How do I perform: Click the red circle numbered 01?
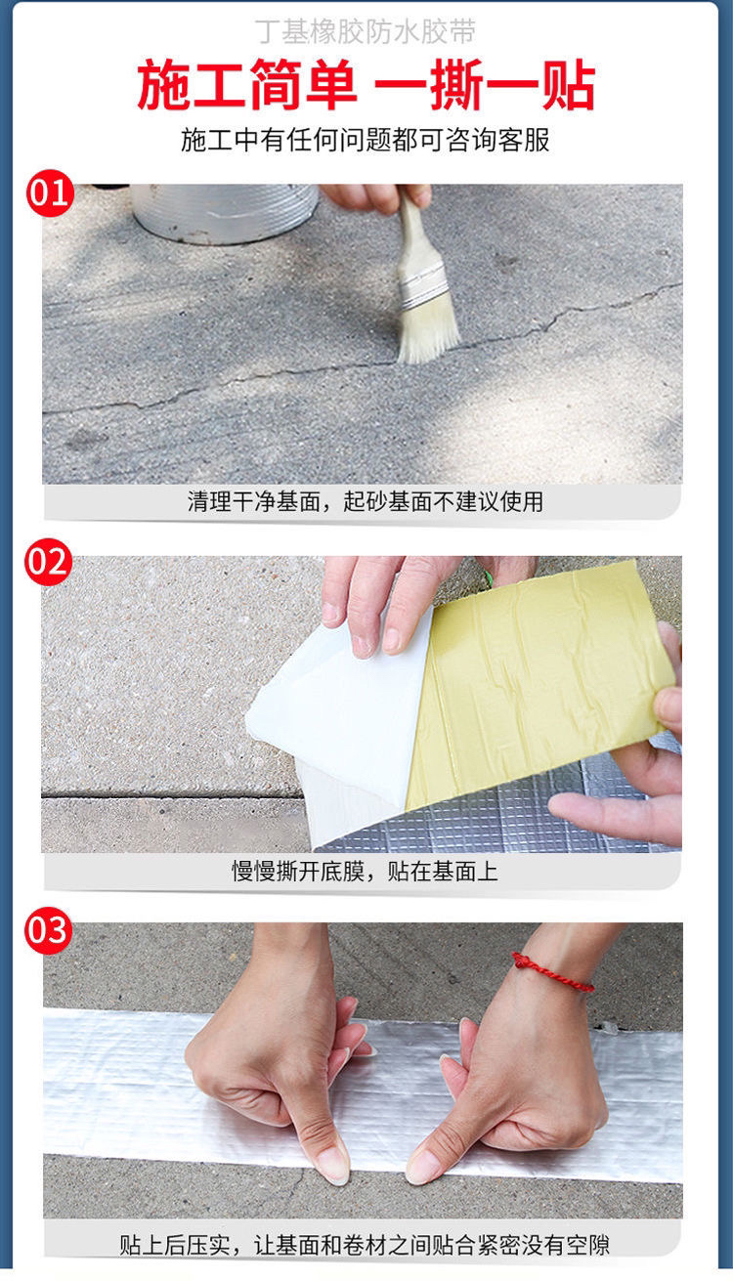(x=50, y=192)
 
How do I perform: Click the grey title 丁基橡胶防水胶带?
(x=366, y=31)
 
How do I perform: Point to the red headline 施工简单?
(x=247, y=85)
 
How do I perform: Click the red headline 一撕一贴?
(x=485, y=85)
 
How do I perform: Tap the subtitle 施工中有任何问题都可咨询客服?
(x=366, y=140)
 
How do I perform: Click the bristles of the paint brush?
(x=428, y=329)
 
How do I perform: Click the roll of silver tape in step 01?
(x=225, y=213)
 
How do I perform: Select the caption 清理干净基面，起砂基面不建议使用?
(x=366, y=501)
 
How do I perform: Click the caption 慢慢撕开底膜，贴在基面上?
(x=366, y=871)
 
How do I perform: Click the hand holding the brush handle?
(x=374, y=196)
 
